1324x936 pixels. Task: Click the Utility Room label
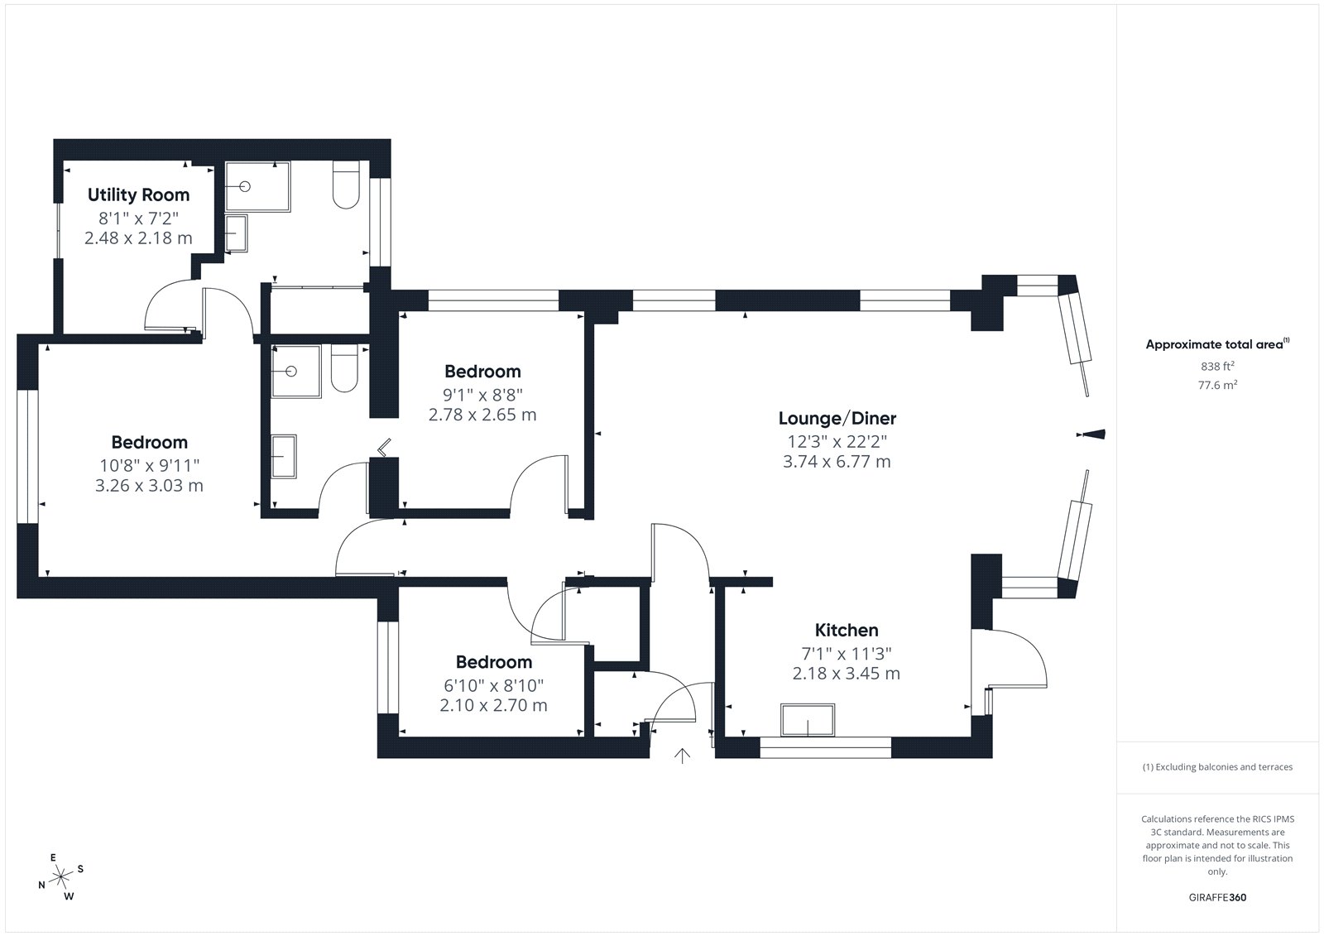click(138, 195)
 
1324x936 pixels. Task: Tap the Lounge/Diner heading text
click(837, 419)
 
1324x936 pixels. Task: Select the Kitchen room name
click(847, 631)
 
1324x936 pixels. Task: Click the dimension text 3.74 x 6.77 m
click(837, 462)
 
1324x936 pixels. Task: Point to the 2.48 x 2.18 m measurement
click(138, 238)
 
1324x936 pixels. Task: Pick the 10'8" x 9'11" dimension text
click(150, 466)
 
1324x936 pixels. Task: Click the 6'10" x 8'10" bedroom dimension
click(493, 686)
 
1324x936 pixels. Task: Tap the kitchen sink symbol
click(808, 720)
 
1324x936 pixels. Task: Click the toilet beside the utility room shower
click(346, 185)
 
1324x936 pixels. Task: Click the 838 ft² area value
click(1217, 366)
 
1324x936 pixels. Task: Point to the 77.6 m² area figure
click(1217, 385)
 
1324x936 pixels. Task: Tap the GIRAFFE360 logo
click(1217, 898)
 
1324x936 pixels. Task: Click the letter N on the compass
click(41, 886)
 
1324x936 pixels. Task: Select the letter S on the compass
click(80, 869)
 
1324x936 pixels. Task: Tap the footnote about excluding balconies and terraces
click(1217, 767)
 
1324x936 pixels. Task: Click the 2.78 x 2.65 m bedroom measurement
click(482, 415)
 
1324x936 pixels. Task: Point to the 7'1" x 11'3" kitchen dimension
click(847, 654)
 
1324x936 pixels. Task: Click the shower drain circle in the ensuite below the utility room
click(290, 372)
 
